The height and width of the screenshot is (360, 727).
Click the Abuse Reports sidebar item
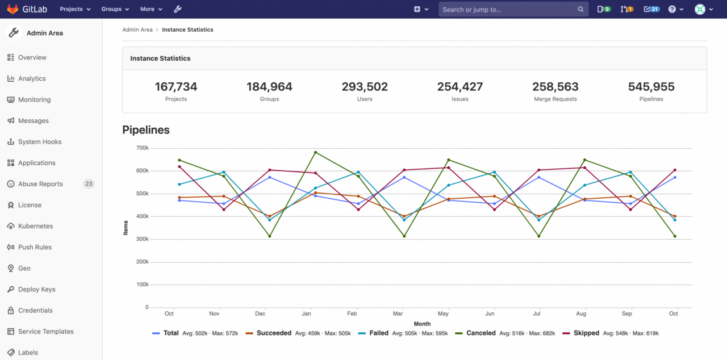(40, 184)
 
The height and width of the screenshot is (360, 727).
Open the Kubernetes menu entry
(35, 226)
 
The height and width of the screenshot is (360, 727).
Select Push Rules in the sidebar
(35, 247)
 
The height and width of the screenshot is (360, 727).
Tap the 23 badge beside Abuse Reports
(89, 184)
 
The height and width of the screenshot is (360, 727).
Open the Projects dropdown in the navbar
(75, 9)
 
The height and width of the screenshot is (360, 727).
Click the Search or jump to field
(505, 9)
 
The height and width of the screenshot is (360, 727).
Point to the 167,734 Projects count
(176, 87)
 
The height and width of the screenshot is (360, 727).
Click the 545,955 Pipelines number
(651, 87)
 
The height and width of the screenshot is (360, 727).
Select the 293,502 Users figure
(365, 87)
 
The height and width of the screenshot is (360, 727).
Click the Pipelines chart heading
(146, 130)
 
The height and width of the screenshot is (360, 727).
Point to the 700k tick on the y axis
(142, 148)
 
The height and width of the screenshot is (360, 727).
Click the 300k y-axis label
(142, 239)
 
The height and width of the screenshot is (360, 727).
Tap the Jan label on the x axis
(306, 313)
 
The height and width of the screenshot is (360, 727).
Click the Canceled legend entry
(481, 333)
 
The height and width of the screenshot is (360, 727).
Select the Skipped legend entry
(586, 333)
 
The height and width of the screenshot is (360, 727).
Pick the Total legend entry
(170, 333)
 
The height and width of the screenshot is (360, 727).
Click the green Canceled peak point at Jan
(315, 152)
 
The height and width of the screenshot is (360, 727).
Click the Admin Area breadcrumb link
(137, 30)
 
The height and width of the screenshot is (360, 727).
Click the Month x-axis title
(422, 324)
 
